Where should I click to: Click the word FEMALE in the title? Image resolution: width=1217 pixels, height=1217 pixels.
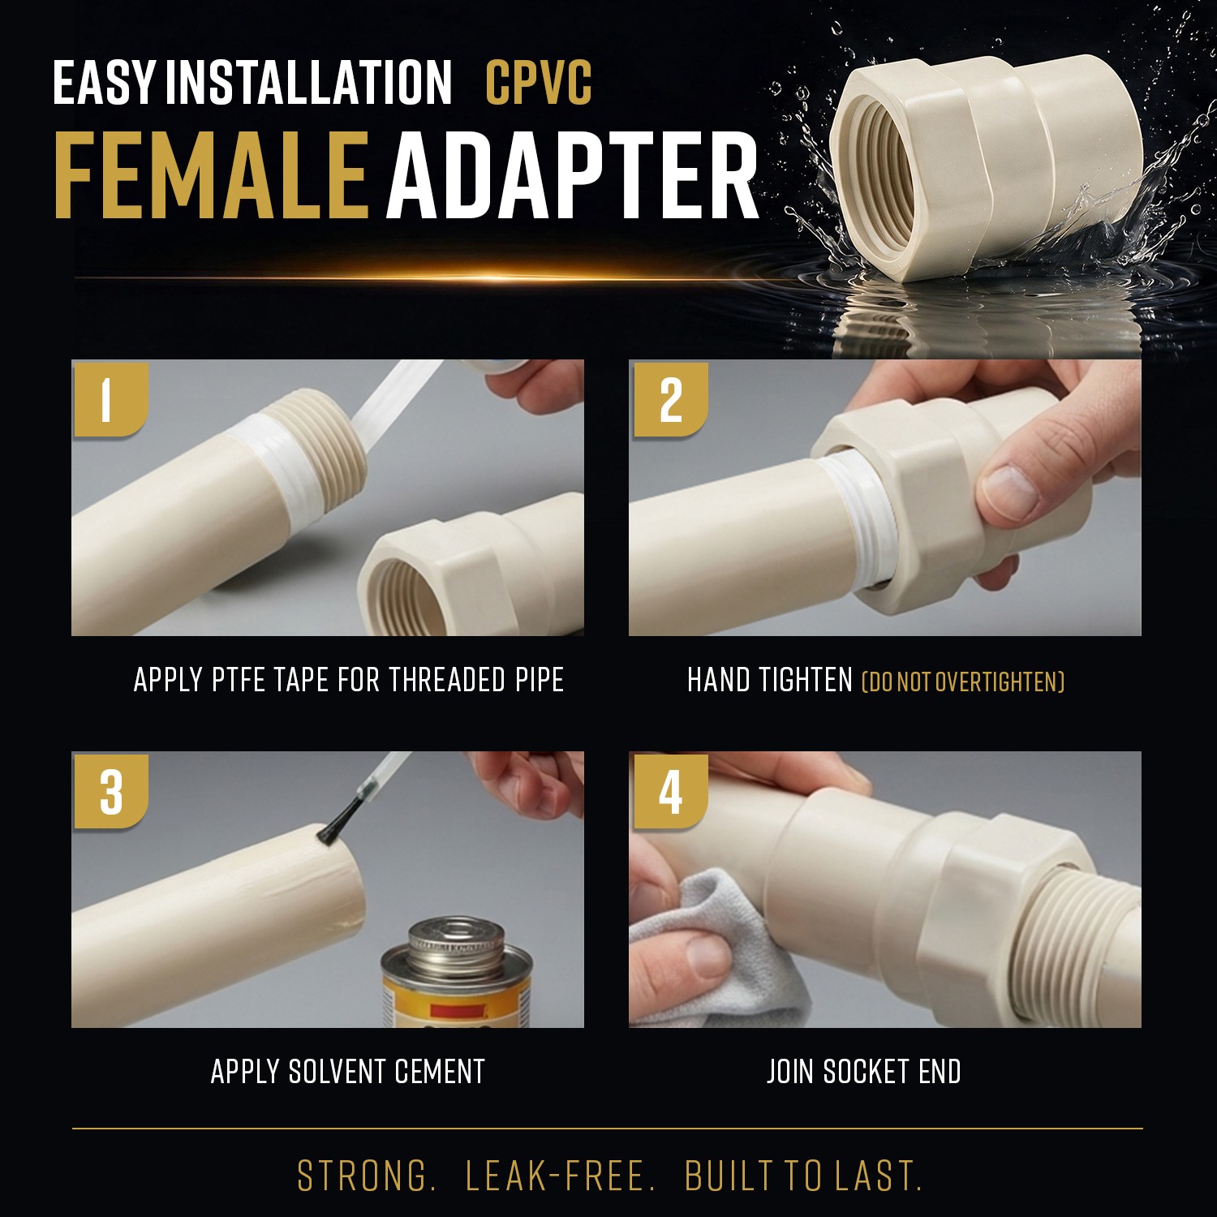coord(211,176)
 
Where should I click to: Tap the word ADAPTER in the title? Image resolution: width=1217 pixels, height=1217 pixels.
coord(572,176)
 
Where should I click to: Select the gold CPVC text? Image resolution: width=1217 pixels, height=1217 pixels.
coord(539,82)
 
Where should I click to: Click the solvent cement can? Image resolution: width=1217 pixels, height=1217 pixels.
coord(457,974)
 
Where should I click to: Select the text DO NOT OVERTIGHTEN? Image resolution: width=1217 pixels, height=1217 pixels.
coord(962,682)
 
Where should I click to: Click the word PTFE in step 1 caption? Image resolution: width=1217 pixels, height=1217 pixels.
coord(239,680)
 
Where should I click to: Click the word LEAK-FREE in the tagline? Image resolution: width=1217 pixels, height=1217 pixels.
coord(560,1176)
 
